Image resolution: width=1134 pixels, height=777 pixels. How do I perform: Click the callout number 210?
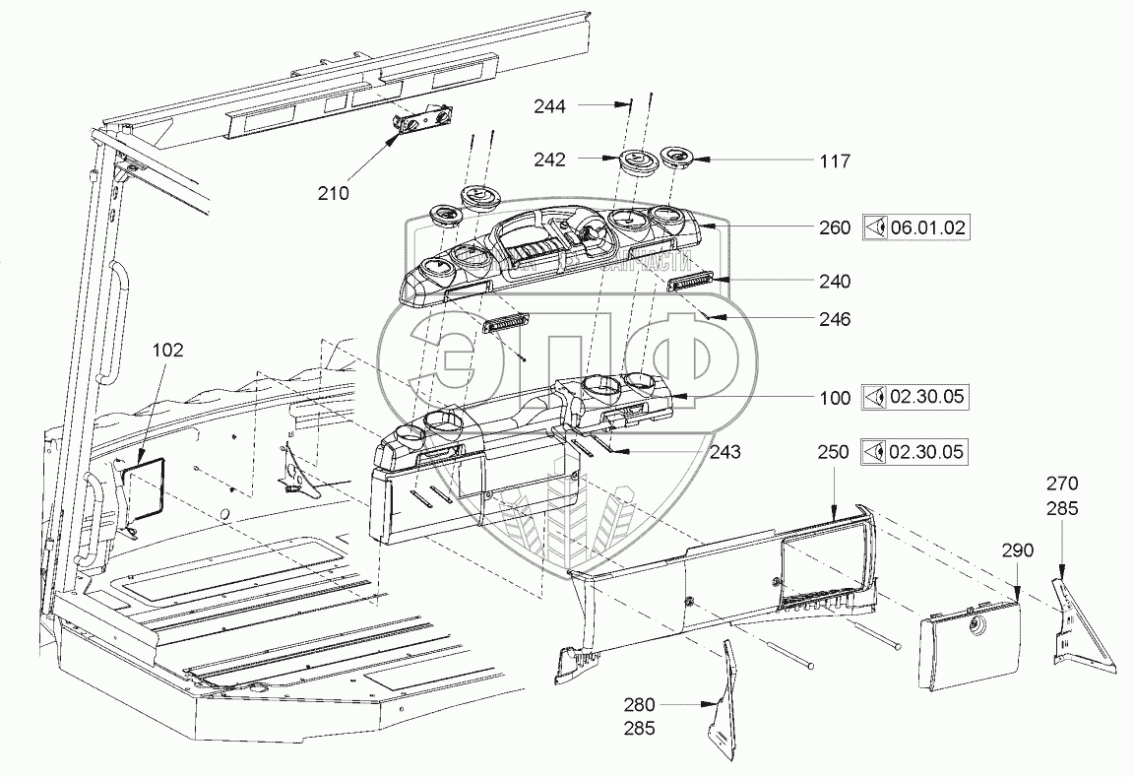[x=333, y=193]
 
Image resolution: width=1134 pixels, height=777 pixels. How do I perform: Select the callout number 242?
[x=551, y=158]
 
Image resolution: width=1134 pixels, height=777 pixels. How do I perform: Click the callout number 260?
[x=834, y=228]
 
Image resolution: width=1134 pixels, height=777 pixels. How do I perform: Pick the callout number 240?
[x=834, y=281]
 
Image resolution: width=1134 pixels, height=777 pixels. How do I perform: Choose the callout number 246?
[x=834, y=319]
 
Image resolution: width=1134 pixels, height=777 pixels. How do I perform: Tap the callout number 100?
[x=834, y=398]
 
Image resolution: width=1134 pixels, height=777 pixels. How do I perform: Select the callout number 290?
[x=1018, y=550]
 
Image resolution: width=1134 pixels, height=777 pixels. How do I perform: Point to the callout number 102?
[x=168, y=350]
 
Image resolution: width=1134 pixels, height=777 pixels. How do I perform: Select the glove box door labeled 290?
[x=967, y=639]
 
